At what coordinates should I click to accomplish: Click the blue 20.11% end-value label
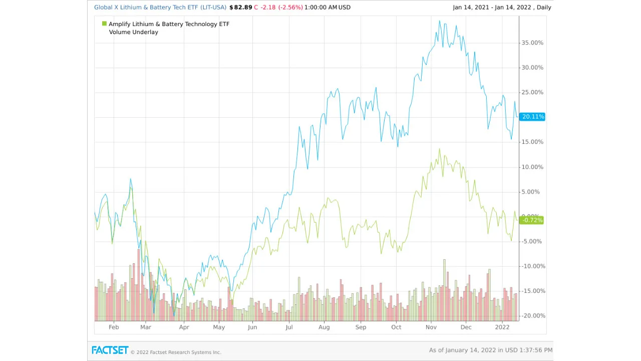(x=532, y=117)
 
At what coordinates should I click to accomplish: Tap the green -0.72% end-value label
(x=532, y=220)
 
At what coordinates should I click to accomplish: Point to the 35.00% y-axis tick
(x=532, y=43)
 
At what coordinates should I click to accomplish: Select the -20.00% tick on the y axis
(x=532, y=316)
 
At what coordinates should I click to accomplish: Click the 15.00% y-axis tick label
(x=532, y=142)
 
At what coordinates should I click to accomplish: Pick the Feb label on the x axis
(x=114, y=327)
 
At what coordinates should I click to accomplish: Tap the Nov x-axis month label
(x=431, y=327)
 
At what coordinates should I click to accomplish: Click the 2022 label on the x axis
(x=502, y=327)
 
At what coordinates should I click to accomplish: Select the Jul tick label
(x=288, y=327)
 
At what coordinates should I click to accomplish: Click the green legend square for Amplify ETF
(x=104, y=24)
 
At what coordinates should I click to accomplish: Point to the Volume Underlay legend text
(x=133, y=32)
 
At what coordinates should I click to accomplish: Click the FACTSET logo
(x=110, y=350)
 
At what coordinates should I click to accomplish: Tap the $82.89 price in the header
(x=240, y=8)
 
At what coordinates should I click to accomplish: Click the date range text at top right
(x=502, y=8)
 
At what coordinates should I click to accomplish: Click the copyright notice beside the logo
(x=176, y=352)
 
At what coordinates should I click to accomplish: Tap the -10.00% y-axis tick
(x=532, y=266)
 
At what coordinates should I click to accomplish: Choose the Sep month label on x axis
(x=361, y=327)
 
